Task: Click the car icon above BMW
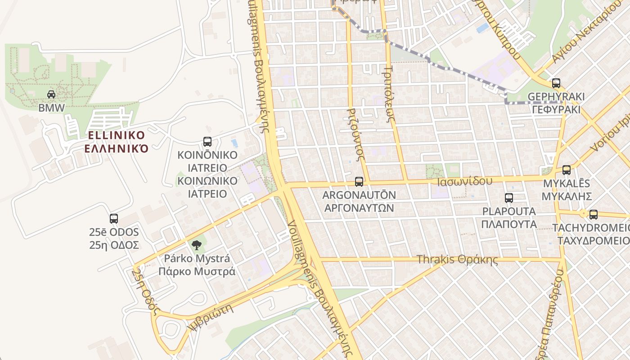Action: pyautogui.click(x=51, y=94)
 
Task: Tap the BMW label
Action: pyautogui.click(x=51, y=108)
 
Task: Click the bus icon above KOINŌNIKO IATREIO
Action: pyautogui.click(x=207, y=142)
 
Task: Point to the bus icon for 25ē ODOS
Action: pyautogui.click(x=114, y=219)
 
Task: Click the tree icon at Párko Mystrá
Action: pyautogui.click(x=196, y=245)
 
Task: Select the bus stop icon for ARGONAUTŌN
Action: pyautogui.click(x=359, y=182)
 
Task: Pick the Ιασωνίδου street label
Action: pyautogui.click(x=465, y=181)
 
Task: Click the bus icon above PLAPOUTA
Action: pyautogui.click(x=509, y=198)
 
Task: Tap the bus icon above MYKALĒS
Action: pyautogui.click(x=567, y=170)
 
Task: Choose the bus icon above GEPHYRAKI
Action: pyautogui.click(x=556, y=83)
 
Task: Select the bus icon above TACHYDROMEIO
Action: pyautogui.click(x=594, y=215)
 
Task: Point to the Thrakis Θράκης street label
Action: pyautogui.click(x=457, y=260)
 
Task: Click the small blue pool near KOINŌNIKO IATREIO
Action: pyautogui.click(x=234, y=143)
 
